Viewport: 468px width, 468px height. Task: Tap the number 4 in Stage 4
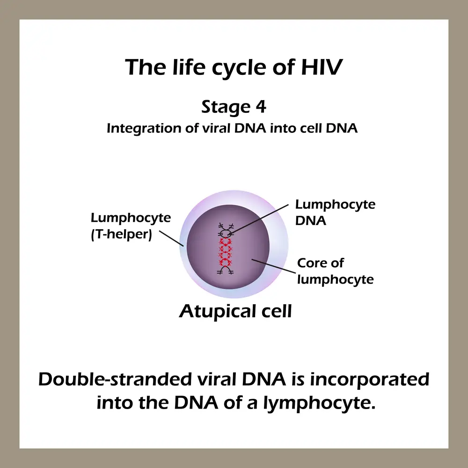point(261,107)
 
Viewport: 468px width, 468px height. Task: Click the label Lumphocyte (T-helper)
point(131,226)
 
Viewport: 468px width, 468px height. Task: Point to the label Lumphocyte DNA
point(335,212)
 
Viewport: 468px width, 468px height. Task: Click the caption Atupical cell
point(235,312)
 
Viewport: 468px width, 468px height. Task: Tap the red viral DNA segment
point(226,252)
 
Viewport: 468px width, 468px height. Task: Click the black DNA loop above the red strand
point(226,233)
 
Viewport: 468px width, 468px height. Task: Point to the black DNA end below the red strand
point(226,270)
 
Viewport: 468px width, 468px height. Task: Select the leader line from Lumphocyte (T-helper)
point(171,239)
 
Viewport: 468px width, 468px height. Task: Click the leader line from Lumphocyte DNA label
point(259,219)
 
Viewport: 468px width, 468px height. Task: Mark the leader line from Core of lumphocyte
point(274,266)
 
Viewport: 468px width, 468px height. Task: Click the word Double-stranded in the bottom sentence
point(115,380)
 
